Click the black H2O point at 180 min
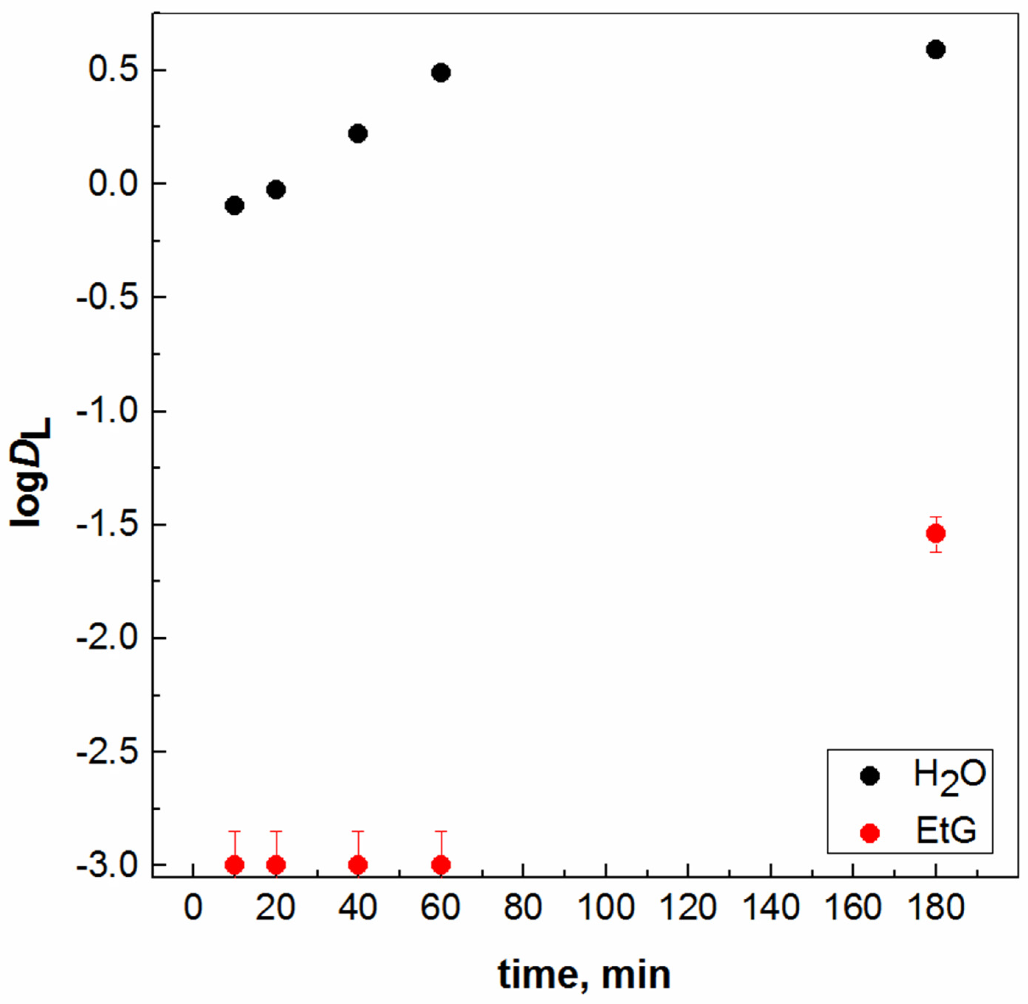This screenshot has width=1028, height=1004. (935, 50)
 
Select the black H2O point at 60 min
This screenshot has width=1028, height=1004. (441, 73)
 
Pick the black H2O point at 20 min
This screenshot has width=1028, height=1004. (276, 190)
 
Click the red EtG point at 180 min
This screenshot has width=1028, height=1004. (935, 533)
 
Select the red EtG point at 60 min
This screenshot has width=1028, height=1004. (441, 865)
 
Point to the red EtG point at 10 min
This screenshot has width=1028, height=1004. (234, 865)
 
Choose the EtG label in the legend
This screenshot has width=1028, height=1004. (946, 832)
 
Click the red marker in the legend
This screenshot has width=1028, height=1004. (869, 833)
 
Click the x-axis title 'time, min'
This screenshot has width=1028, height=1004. (584, 975)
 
